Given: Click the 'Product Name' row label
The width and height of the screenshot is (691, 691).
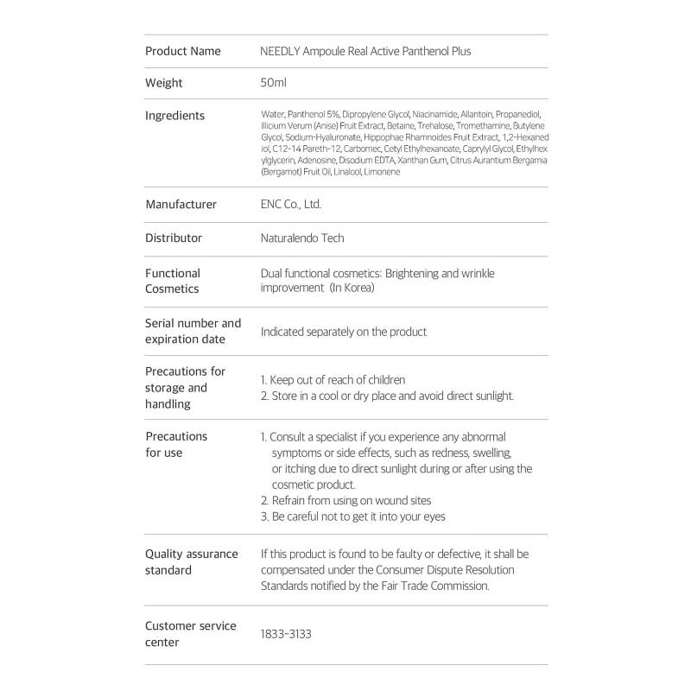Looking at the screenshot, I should point(182,51).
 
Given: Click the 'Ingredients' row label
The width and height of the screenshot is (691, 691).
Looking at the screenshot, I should point(174,116).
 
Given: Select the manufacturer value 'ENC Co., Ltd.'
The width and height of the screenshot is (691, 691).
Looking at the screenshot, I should point(290,205).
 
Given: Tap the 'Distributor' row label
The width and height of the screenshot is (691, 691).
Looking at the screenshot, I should point(174,238).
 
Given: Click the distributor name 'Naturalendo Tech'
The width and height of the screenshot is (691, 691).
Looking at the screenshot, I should point(302,238).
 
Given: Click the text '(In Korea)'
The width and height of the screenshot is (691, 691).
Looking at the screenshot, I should point(352,288).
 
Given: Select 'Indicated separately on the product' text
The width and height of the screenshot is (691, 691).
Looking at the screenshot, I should point(344,332).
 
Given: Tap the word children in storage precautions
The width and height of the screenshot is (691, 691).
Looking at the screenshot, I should point(385,380).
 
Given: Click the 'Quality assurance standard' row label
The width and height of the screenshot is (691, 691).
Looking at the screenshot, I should point(191,562).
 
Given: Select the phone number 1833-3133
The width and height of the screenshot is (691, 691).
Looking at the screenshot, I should point(286,634).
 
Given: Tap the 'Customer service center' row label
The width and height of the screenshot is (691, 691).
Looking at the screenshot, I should point(190,634).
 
